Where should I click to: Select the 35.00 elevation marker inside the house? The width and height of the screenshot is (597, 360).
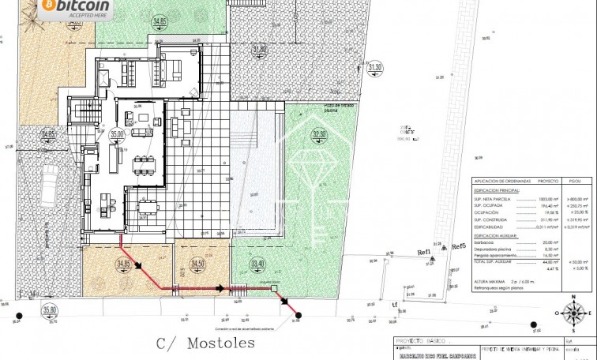[x=118, y=135]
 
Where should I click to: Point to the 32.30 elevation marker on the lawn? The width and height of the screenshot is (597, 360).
[x=319, y=135]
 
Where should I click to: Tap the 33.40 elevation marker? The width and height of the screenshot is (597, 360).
[x=257, y=264]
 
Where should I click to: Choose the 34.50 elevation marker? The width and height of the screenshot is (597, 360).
[x=197, y=264]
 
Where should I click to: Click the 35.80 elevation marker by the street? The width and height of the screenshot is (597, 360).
[x=51, y=310]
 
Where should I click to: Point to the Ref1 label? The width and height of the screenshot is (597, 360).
[x=425, y=252]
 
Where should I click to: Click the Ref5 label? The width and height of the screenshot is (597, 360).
[x=459, y=247]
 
